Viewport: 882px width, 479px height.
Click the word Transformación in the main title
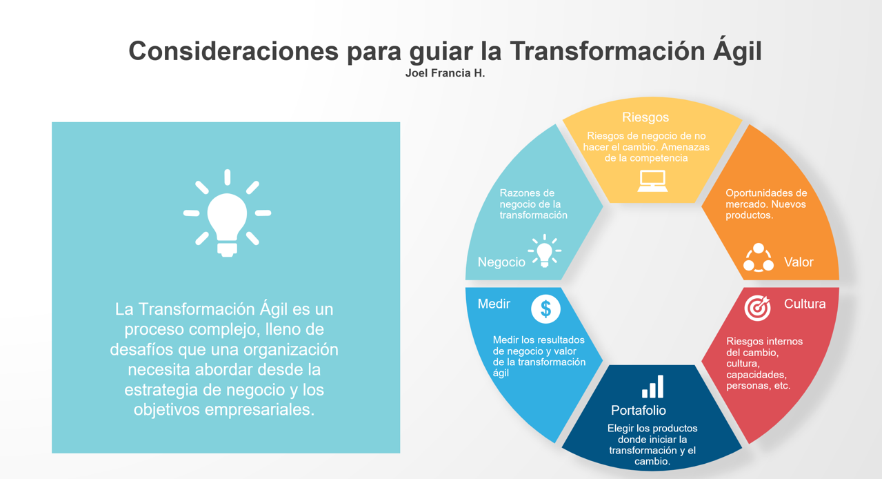pyautogui.click(x=607, y=51)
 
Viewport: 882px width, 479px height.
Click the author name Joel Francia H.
pyautogui.click(x=445, y=73)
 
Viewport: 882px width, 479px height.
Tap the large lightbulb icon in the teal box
pyautogui.click(x=227, y=213)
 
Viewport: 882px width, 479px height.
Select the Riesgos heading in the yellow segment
pyautogui.click(x=645, y=117)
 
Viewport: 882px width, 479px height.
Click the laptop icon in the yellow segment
pyautogui.click(x=652, y=181)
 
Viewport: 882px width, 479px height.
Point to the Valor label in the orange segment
pyautogui.click(x=799, y=262)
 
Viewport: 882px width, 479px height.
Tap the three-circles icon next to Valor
pyautogui.click(x=759, y=257)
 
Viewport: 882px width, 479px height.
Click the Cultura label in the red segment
pyautogui.click(x=805, y=304)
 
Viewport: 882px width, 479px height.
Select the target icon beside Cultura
pyautogui.click(x=757, y=308)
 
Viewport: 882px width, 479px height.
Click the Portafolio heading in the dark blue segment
pyautogui.click(x=639, y=411)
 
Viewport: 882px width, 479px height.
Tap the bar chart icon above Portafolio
pyautogui.click(x=652, y=387)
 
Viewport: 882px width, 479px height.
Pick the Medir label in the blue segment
pyautogui.click(x=494, y=304)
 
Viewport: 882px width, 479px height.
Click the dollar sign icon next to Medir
pyautogui.click(x=545, y=309)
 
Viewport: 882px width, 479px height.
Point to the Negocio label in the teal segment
pyautogui.click(x=501, y=262)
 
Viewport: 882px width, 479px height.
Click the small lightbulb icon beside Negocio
pyautogui.click(x=545, y=251)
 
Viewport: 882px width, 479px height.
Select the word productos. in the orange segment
pyautogui.click(x=750, y=215)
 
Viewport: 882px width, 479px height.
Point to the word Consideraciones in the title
pyautogui.click(x=234, y=51)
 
